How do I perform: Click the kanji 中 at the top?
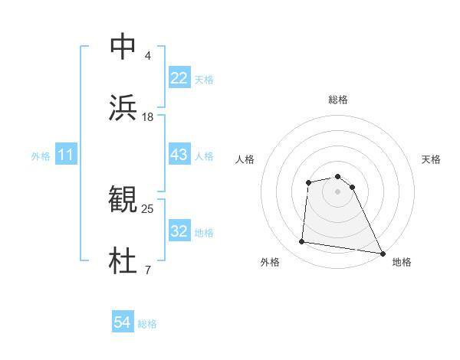point(123,47)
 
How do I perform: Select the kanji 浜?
point(123,108)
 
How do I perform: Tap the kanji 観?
point(123,200)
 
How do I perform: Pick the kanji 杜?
point(123,261)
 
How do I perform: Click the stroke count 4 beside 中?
point(147,56)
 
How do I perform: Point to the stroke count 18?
point(148,117)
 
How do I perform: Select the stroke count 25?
point(148,208)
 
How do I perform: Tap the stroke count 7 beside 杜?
point(147,270)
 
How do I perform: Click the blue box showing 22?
point(179,78)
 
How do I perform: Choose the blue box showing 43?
point(179,155)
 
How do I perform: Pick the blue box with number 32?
point(179,231)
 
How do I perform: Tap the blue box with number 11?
point(66,155)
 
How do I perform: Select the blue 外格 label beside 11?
point(41,156)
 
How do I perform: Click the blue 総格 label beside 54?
point(147,324)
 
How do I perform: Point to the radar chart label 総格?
point(338,100)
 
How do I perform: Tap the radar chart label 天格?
point(432,159)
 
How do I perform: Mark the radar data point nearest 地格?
point(382,252)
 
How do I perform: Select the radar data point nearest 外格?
point(302,242)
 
